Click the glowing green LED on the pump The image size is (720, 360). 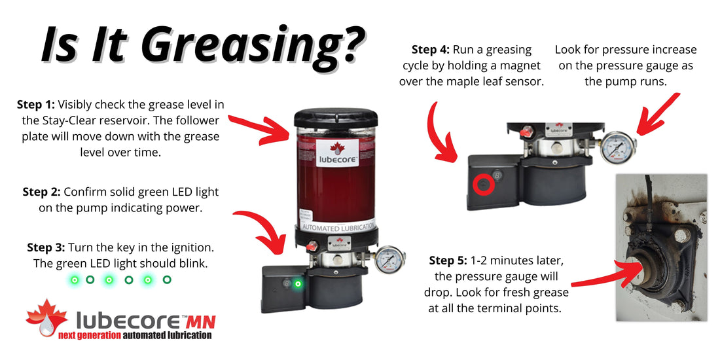[298, 284]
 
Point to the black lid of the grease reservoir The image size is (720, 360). [334, 117]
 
